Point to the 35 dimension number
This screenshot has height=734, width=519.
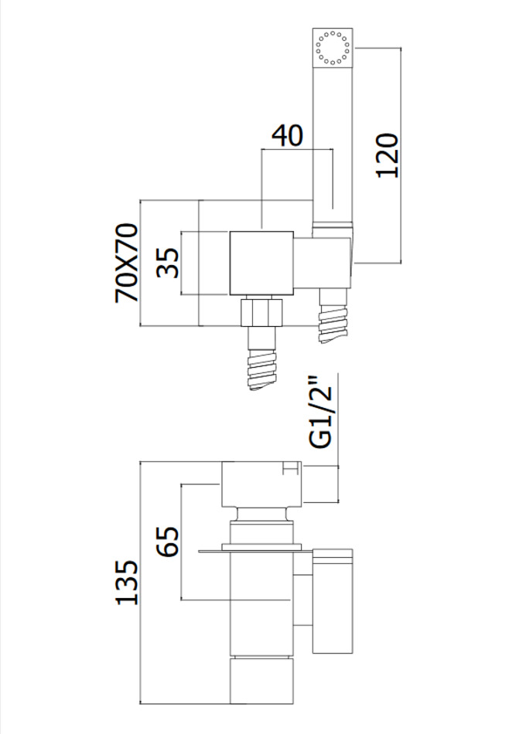[167, 262]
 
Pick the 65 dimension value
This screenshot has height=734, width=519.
[168, 541]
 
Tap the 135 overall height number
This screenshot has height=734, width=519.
[127, 581]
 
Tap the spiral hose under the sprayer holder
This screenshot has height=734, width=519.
[334, 318]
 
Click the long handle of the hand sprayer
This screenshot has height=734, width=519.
[332, 139]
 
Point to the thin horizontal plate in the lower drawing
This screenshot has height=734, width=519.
[255, 551]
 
